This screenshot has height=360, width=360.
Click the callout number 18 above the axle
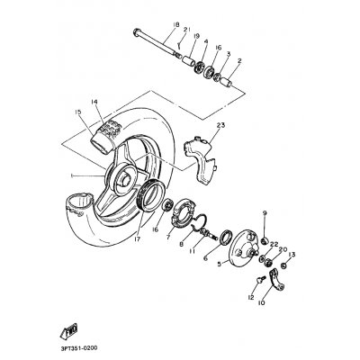pos(176,24)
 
